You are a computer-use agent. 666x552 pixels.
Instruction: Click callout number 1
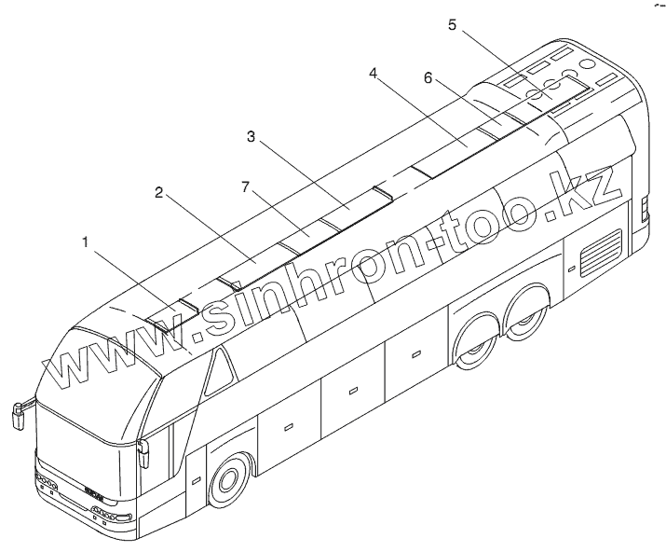(86, 241)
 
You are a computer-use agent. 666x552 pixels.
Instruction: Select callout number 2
(159, 193)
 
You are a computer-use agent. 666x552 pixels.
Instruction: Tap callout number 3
(251, 137)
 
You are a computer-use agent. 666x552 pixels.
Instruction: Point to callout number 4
(373, 73)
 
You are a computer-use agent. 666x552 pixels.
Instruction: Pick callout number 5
(453, 25)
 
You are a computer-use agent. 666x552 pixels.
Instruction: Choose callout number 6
(428, 78)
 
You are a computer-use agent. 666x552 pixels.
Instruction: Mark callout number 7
(245, 187)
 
